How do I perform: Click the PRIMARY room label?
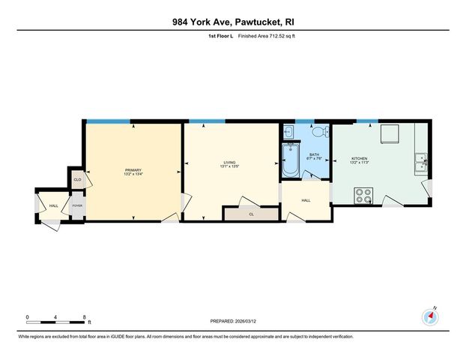tap(133, 170)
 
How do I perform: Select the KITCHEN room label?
tap(359, 159)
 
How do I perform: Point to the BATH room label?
tap(314, 155)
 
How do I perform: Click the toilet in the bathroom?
tap(318, 133)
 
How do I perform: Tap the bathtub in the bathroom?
tap(290, 159)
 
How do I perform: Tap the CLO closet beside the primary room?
tap(77, 180)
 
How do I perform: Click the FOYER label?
tap(76, 205)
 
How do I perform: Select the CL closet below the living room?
tap(251, 214)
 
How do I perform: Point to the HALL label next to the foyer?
tap(54, 205)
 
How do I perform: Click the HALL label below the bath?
tap(306, 201)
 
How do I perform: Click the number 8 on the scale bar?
tap(84, 317)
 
